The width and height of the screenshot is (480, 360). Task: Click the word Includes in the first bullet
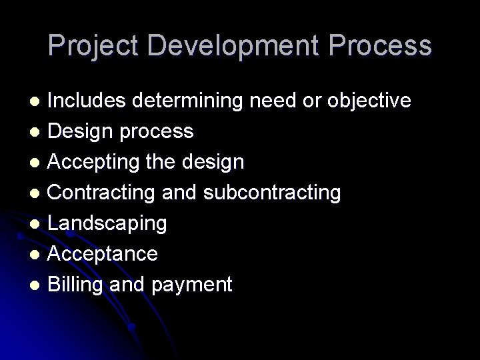(87, 101)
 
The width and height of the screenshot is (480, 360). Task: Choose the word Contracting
(99, 193)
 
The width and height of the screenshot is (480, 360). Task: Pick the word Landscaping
(107, 223)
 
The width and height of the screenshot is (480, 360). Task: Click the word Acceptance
(103, 254)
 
